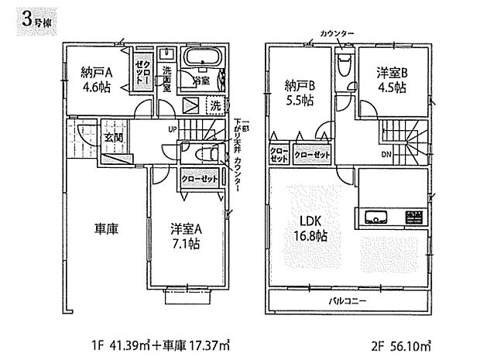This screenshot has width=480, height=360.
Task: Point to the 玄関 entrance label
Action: click(114, 138)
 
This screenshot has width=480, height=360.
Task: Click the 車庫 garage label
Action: click(106, 230)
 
